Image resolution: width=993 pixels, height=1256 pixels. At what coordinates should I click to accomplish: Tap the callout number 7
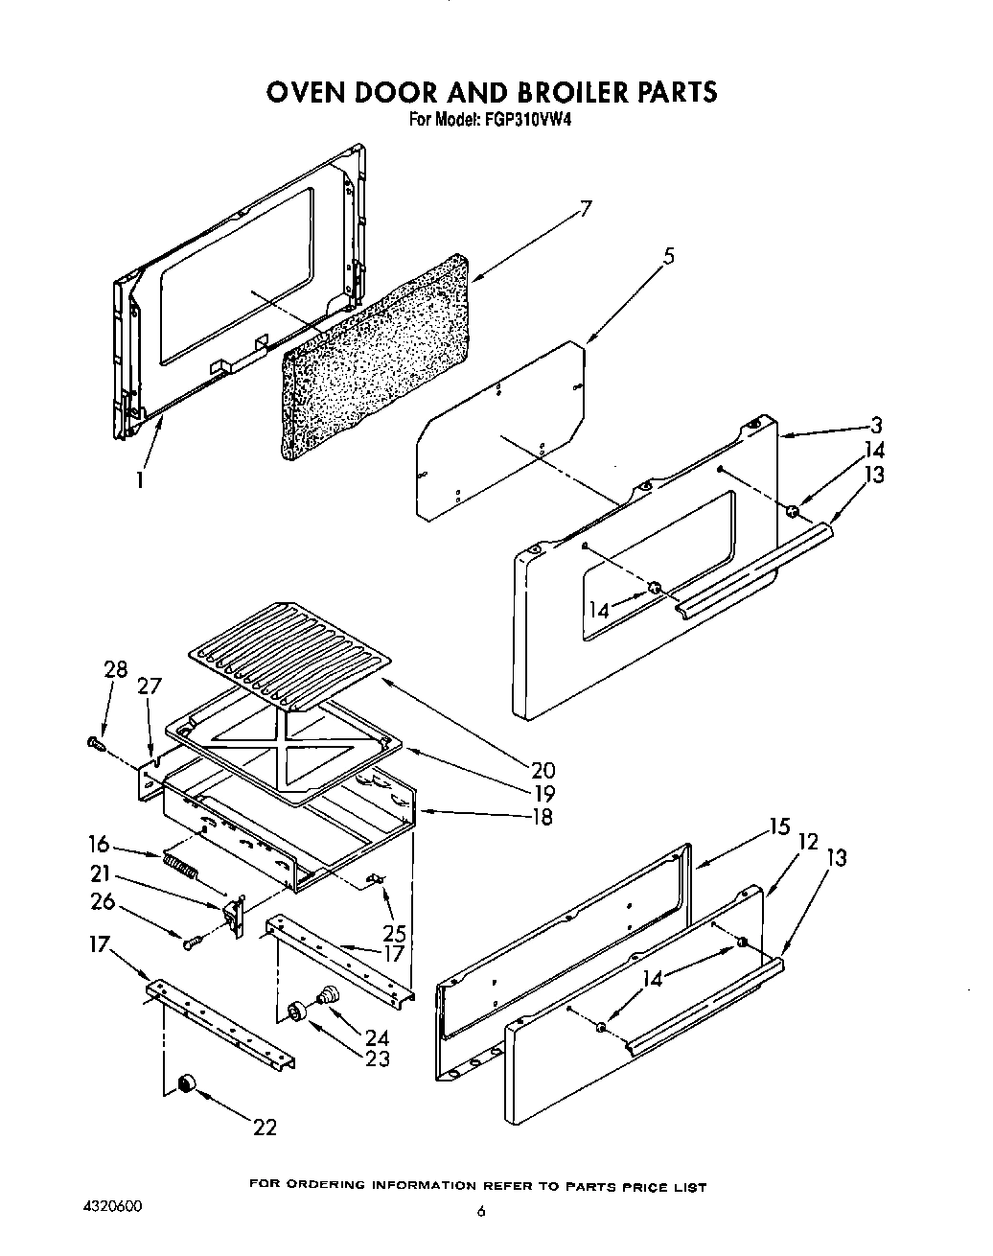(x=586, y=209)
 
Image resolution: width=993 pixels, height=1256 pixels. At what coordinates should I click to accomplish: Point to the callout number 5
(x=668, y=256)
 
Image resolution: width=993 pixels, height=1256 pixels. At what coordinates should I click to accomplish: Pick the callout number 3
(x=876, y=426)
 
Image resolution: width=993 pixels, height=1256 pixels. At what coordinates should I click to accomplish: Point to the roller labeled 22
(x=183, y=1082)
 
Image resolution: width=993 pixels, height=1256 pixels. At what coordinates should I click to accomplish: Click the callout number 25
(x=394, y=932)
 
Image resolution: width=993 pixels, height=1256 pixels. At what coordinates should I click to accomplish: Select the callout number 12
(x=808, y=841)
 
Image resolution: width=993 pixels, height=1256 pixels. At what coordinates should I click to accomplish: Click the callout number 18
(x=541, y=817)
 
